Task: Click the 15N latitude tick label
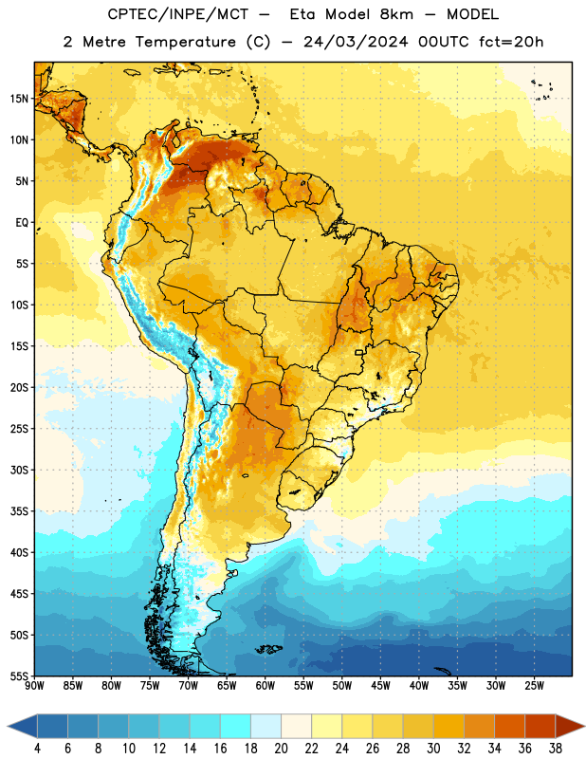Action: click(19, 99)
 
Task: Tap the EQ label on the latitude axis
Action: click(22, 223)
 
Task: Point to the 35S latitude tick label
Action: click(19, 511)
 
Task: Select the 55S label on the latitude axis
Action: click(19, 676)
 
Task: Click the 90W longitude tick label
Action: click(34, 686)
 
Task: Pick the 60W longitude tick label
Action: click(266, 686)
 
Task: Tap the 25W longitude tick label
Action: click(534, 686)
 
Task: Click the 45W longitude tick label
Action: click(380, 686)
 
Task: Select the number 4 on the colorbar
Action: click(37, 749)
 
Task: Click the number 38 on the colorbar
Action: click(556, 749)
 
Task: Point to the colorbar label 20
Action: click(281, 749)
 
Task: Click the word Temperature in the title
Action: click(185, 42)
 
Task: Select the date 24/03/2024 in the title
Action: click(356, 42)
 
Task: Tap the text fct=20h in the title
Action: click(511, 42)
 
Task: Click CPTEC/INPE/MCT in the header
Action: click(177, 14)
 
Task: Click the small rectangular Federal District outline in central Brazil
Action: click(359, 352)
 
